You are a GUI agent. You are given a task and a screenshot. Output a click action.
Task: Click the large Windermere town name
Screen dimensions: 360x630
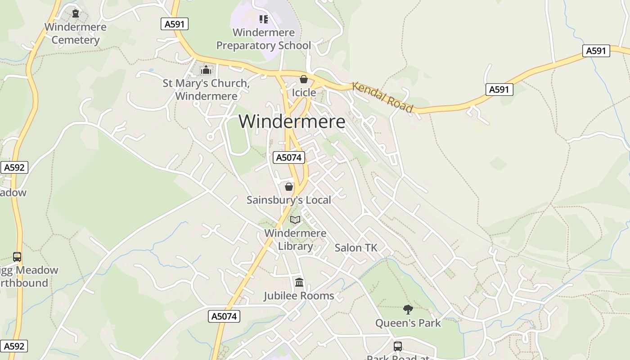(292, 121)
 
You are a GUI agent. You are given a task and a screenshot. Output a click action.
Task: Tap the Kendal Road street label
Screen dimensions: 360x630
(382, 97)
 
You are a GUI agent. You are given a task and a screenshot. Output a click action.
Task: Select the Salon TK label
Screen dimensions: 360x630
(355, 247)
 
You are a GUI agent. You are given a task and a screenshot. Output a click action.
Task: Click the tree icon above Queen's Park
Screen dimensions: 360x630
(408, 309)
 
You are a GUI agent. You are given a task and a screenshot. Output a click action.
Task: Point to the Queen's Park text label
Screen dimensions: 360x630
(408, 323)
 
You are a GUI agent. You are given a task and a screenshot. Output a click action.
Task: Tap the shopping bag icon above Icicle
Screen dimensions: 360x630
(304, 79)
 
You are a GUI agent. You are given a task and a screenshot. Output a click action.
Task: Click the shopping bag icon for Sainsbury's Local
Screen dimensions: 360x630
(289, 186)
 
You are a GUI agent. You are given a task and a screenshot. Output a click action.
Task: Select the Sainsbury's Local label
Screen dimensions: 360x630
(289, 200)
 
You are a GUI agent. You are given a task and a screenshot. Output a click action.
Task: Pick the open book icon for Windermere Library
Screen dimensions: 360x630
(295, 220)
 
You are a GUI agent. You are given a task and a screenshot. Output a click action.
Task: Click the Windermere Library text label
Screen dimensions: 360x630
(295, 239)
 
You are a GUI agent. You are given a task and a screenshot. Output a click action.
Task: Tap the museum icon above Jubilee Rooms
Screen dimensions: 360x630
(299, 282)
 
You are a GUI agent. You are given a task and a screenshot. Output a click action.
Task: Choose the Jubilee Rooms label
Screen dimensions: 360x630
(299, 296)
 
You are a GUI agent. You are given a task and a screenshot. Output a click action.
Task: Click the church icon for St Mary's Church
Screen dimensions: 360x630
(206, 70)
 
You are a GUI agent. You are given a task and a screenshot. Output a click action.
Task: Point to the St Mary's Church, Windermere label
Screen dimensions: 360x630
(206, 90)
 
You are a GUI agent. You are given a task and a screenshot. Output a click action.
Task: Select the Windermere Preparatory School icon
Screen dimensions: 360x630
(264, 19)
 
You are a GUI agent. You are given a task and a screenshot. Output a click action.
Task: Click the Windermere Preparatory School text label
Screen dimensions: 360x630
(264, 39)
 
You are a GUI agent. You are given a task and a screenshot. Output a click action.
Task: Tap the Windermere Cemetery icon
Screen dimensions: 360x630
(76, 13)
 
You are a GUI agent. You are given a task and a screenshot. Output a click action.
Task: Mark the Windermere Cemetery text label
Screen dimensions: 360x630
(76, 33)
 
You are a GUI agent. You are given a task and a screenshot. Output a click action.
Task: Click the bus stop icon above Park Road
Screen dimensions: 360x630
(398, 346)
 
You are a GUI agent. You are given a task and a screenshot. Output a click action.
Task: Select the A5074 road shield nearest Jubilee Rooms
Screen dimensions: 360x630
(225, 316)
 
